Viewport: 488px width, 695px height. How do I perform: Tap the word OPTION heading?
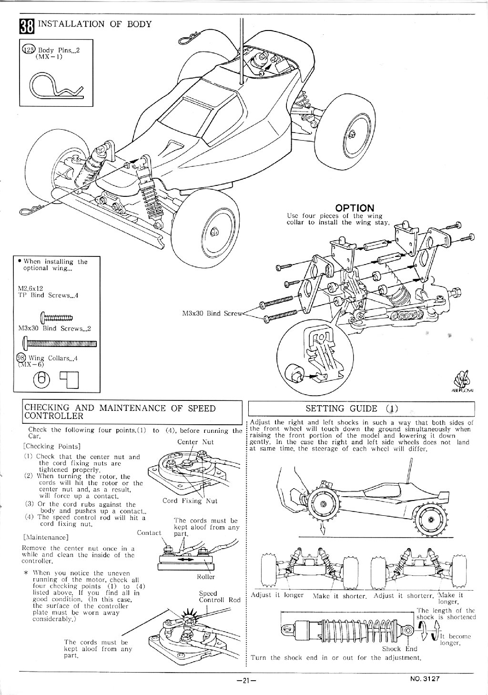pos(355,207)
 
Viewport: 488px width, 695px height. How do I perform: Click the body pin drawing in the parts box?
pos(57,86)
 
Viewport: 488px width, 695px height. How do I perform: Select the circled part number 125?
pos(29,50)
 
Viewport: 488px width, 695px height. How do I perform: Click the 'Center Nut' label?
pos(195,442)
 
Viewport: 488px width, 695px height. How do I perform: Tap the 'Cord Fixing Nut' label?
pos(190,501)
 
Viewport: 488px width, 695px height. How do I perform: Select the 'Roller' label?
pos(206,576)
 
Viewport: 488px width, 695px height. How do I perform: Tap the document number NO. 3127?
pos(425,678)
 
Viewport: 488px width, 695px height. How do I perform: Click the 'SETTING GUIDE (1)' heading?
pos(352,409)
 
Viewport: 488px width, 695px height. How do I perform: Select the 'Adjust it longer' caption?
pos(277,595)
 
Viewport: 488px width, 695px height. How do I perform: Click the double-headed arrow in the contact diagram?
pos(185,559)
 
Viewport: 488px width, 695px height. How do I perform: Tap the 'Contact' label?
pos(149,533)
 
